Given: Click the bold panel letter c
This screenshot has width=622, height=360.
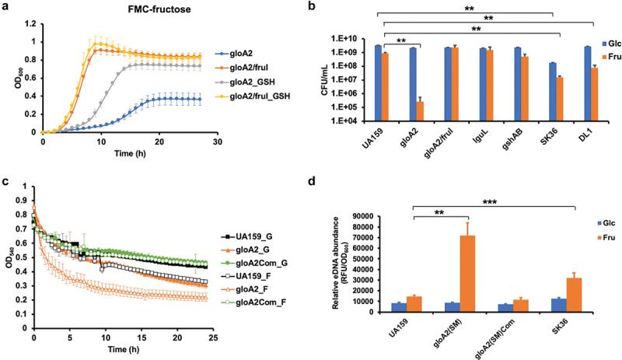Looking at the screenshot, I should click(x=5, y=183).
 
